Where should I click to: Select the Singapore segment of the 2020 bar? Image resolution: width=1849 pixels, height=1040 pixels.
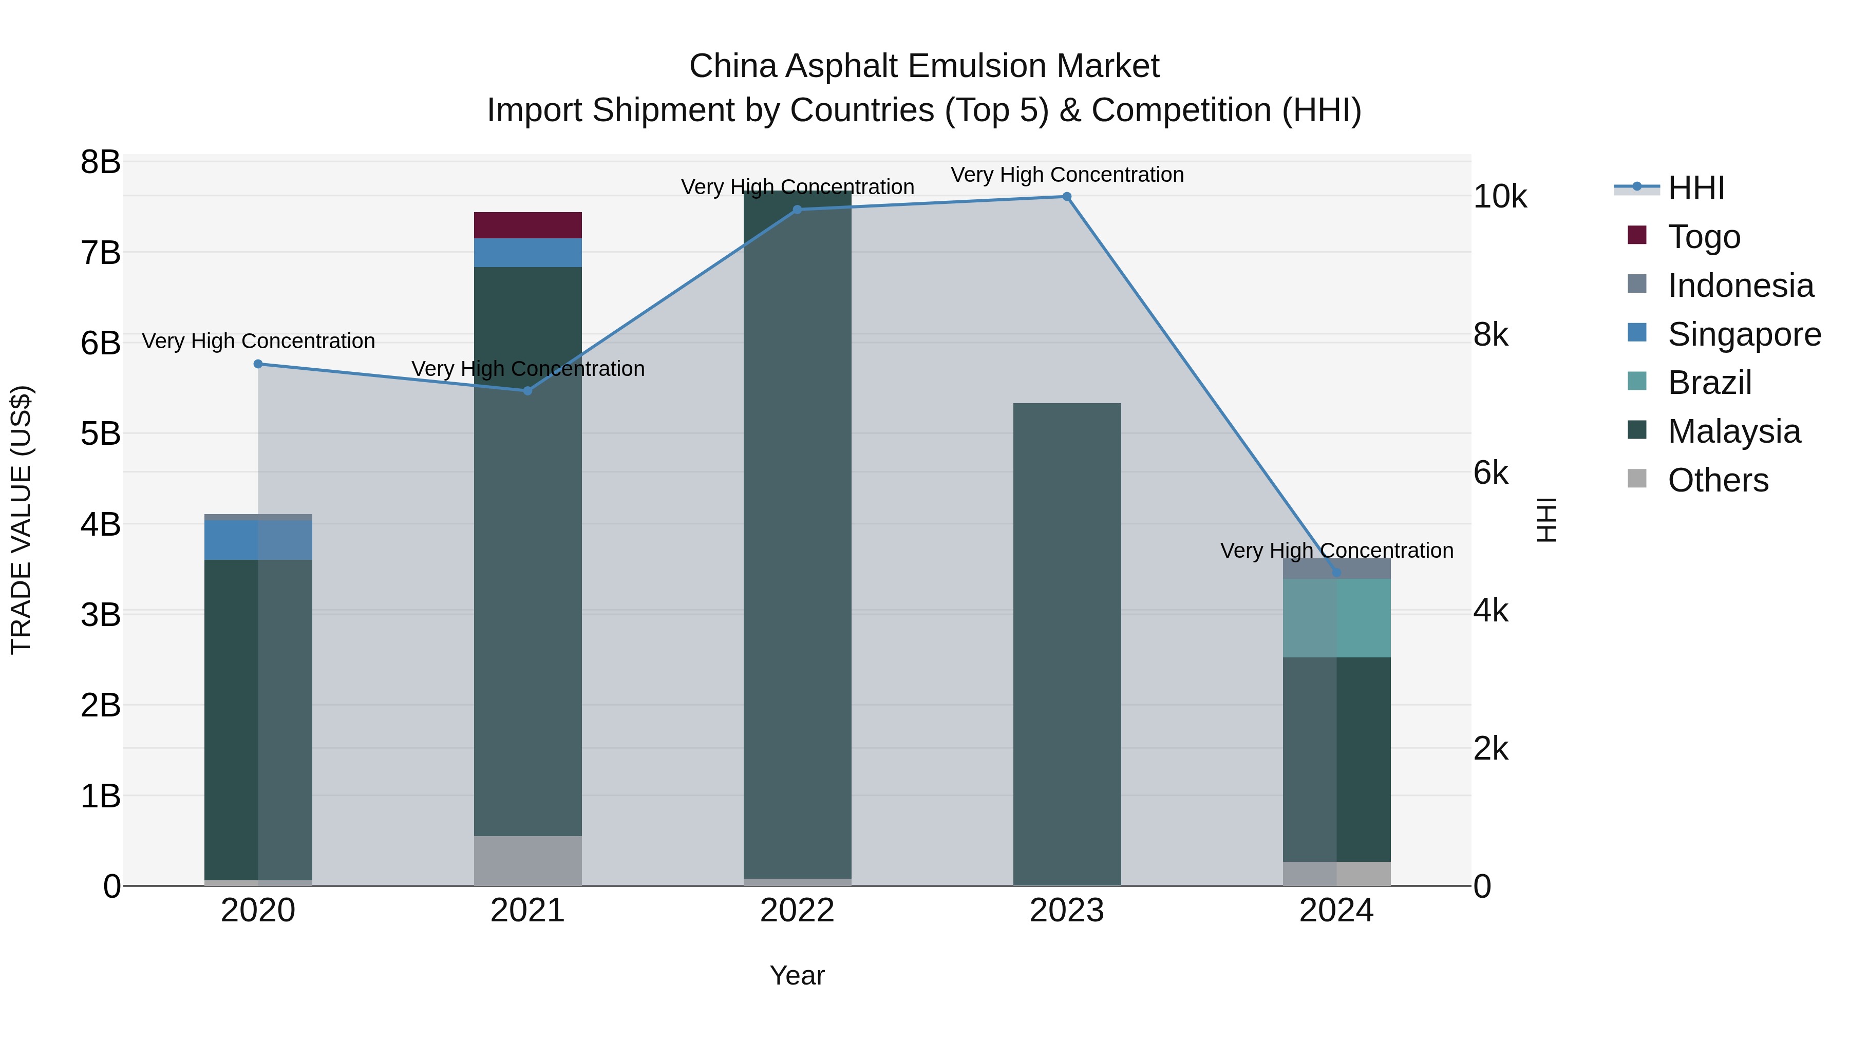click(x=258, y=540)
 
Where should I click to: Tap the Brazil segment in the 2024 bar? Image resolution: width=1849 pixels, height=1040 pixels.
click(x=1336, y=617)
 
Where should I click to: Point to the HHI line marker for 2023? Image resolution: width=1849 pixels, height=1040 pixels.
click(x=1067, y=197)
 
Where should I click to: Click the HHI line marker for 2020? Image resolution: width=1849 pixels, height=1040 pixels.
click(x=258, y=364)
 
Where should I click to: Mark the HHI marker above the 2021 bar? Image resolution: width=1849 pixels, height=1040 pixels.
click(x=527, y=390)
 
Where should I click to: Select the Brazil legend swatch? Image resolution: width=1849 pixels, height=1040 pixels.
click(x=1637, y=381)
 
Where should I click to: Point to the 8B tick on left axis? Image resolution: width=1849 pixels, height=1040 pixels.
click(x=101, y=162)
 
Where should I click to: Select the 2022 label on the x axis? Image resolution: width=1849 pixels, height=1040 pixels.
click(x=797, y=911)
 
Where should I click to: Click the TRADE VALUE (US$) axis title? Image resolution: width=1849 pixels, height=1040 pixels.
click(x=22, y=520)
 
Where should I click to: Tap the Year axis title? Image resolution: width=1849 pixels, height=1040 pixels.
click(x=797, y=975)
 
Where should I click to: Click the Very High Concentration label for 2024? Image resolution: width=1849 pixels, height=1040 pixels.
click(x=1336, y=551)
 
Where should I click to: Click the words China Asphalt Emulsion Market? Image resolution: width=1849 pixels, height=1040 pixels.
click(x=924, y=66)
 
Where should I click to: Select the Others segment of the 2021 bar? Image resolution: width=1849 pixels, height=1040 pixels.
click(x=527, y=861)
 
